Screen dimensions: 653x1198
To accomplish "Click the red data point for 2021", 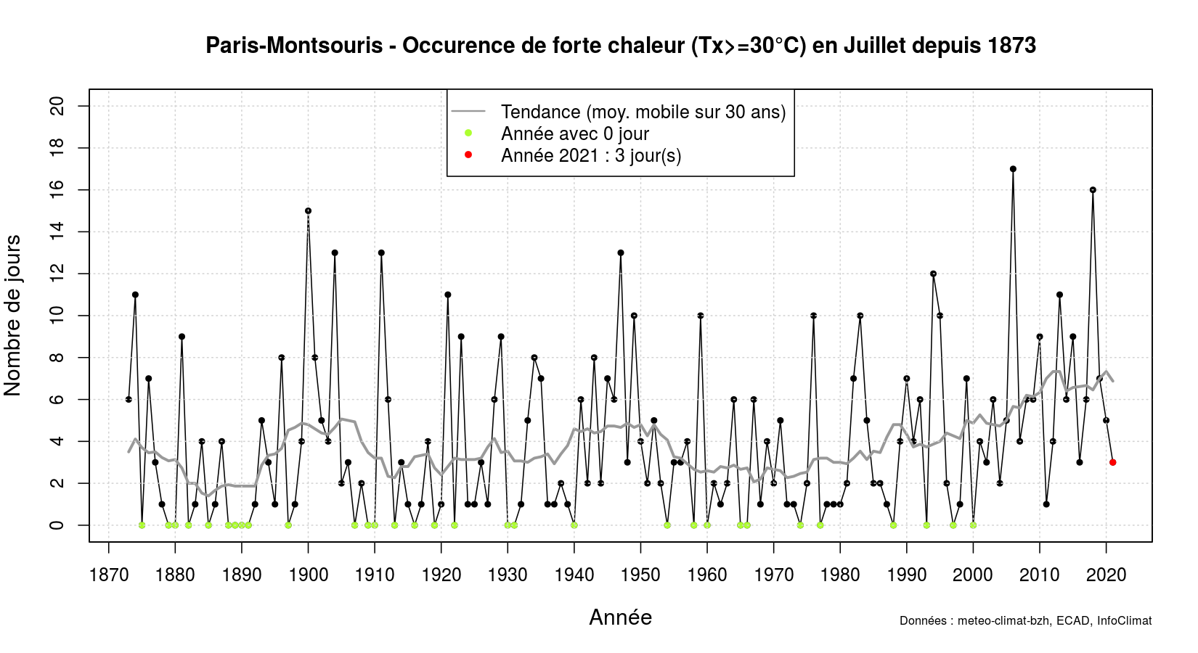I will (1113, 462).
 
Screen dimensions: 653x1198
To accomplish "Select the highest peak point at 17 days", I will (1013, 169).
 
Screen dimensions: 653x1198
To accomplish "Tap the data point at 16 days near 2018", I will (1093, 190).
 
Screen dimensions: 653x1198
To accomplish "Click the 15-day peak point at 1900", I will (308, 211).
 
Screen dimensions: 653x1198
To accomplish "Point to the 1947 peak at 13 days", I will (621, 253).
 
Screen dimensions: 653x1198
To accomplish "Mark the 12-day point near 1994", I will (933, 274).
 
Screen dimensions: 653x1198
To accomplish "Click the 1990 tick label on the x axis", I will (906, 575).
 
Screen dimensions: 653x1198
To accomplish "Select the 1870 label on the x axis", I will (109, 575).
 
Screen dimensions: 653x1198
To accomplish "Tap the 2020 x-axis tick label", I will (1106, 575).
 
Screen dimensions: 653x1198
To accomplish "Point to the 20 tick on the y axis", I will (57, 107).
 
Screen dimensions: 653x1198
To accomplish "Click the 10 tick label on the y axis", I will (57, 316).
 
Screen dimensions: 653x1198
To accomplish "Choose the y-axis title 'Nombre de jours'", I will (13, 316).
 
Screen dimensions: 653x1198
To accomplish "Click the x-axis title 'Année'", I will (620, 617).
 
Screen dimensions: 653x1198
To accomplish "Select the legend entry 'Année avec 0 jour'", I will (574, 134).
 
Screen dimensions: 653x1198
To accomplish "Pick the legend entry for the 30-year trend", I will (643, 112).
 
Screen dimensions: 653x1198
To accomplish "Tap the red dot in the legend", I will (468, 155).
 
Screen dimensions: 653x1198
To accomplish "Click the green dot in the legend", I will (468, 133).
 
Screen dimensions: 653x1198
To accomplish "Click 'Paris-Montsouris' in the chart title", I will (294, 46).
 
